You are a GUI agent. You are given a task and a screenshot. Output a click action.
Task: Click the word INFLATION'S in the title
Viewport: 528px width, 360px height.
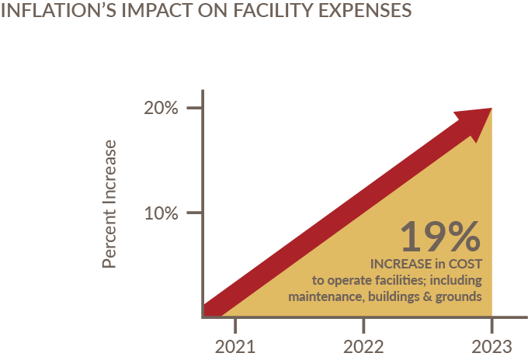pos(47,13)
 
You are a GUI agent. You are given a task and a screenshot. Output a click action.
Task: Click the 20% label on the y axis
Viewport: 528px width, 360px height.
pos(162,108)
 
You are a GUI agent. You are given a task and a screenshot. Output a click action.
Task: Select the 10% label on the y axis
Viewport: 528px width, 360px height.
pos(162,213)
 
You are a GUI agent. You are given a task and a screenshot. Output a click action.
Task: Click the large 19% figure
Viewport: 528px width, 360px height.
pos(440,237)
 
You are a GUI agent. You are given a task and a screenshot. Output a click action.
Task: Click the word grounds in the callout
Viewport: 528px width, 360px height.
pos(459,296)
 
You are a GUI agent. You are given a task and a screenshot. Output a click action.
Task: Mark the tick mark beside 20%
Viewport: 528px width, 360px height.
pos(195,108)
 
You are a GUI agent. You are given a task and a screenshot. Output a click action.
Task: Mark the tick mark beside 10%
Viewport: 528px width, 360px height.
pos(195,213)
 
